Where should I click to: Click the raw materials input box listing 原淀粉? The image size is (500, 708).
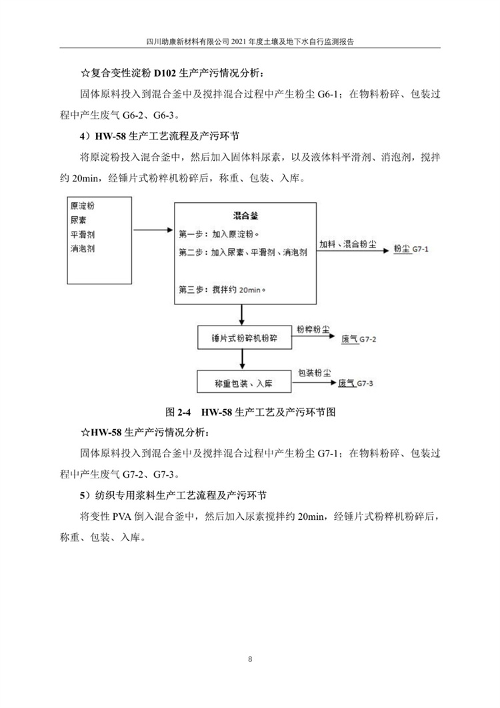[99, 239]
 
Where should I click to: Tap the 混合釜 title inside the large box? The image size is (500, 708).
[245, 216]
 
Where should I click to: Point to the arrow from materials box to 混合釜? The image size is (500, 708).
[153, 230]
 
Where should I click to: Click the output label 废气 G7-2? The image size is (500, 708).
[359, 339]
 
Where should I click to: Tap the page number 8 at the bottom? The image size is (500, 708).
[249, 660]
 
